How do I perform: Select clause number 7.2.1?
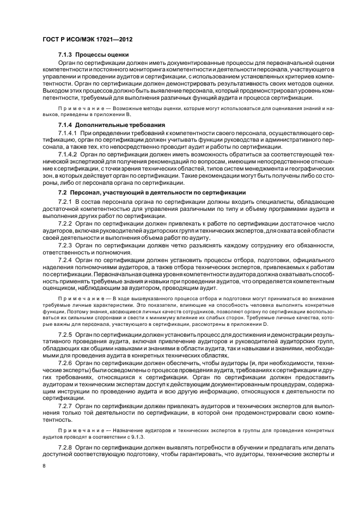(65, 202)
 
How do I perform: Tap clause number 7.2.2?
(65, 224)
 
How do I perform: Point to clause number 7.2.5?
(65, 332)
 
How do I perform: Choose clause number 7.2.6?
(65, 362)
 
